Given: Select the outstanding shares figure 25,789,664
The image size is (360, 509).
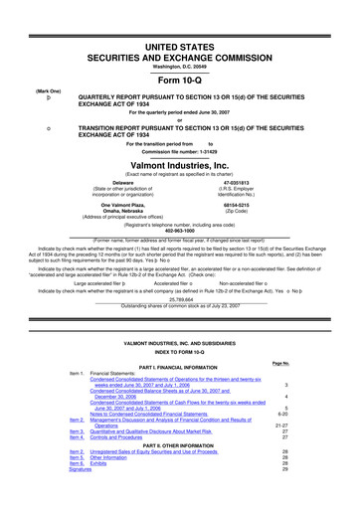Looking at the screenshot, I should pyautogui.click(x=180, y=270).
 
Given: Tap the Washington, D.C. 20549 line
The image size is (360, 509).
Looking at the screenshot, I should pyautogui.click(x=180, y=36).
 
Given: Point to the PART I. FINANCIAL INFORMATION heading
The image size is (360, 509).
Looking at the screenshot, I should pyautogui.click(x=180, y=372).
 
